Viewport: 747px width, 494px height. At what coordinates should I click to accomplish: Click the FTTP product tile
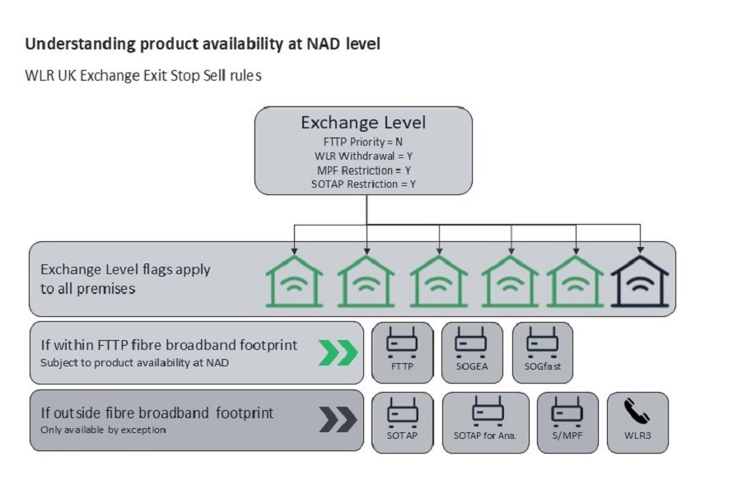[x=403, y=352]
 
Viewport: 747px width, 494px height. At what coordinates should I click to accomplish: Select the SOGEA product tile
[x=472, y=352]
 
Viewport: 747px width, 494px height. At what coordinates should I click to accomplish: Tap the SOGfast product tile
[x=543, y=352]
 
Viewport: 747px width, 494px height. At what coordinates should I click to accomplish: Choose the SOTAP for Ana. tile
[x=485, y=422]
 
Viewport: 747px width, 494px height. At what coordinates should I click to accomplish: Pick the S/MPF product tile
[x=567, y=422]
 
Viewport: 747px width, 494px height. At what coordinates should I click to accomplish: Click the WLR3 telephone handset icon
[x=637, y=411]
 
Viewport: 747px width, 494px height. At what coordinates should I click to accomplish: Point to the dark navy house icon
[x=640, y=281]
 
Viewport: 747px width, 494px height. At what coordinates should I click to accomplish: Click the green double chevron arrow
[x=338, y=352]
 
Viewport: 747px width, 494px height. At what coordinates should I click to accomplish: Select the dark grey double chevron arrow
[x=338, y=419]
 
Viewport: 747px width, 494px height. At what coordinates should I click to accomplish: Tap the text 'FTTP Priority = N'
[x=363, y=142]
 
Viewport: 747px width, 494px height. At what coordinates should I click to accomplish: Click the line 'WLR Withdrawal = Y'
[x=363, y=156]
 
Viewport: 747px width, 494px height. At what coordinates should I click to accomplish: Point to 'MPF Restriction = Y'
[x=363, y=170]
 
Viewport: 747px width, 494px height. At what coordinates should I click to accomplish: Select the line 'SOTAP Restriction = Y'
[x=363, y=184]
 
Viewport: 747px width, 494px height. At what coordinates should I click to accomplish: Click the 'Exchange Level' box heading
[x=363, y=123]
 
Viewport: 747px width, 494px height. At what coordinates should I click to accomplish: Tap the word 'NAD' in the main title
[x=323, y=44]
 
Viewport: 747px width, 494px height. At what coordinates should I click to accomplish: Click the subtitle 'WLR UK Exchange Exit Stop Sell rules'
[x=143, y=76]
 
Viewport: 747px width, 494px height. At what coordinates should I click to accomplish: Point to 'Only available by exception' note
[x=103, y=430]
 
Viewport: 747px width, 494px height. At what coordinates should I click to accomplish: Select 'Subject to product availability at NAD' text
[x=134, y=362]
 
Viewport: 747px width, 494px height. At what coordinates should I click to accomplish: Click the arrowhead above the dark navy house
[x=640, y=250]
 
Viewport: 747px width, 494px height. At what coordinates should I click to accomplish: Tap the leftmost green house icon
[x=294, y=281]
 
